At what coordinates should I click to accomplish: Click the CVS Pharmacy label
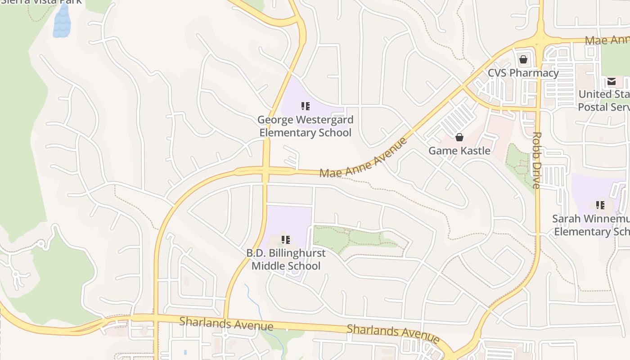pos(523,73)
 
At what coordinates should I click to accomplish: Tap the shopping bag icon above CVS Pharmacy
pos(523,59)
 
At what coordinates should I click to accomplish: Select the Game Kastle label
pos(459,151)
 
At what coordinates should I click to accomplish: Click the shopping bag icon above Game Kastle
pos(459,137)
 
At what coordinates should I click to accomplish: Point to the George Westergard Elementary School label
pos(305,126)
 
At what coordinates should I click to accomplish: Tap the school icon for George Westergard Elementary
pos(306,106)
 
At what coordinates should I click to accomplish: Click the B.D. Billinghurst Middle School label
pos(286,259)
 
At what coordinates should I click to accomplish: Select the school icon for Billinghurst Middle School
pos(286,239)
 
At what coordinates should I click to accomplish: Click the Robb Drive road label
pos(536,160)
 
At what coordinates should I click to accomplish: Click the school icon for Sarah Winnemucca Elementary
pos(600,205)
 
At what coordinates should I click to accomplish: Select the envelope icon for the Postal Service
pos(611,81)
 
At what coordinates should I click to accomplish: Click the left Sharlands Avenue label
pos(226,323)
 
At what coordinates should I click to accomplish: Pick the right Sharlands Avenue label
pos(392,332)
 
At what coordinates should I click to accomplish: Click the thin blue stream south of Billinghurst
pos(259,306)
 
